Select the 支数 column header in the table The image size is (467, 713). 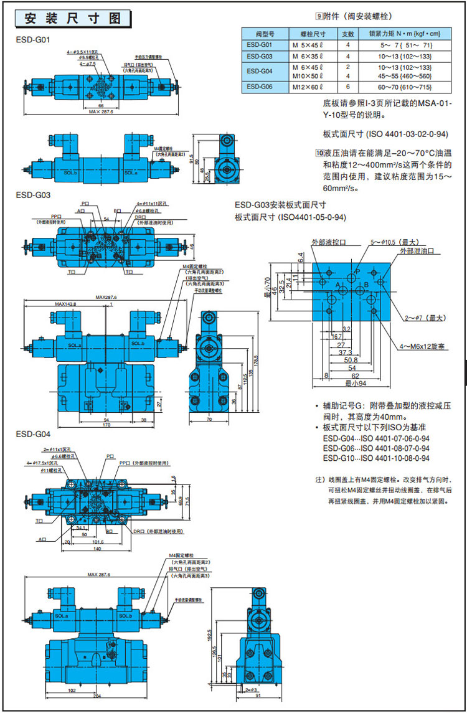pos(348,33)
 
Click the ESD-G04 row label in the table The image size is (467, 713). pos(259,71)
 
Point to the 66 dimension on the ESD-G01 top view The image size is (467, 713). pos(101,106)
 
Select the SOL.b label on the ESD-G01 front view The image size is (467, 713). pos(70,172)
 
